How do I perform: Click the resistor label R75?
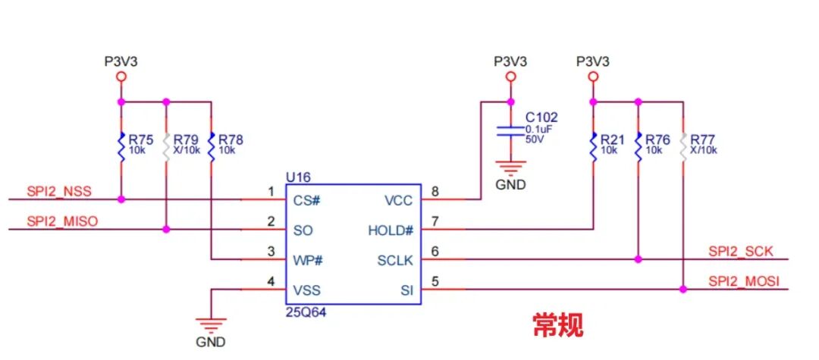140,140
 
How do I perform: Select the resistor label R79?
186,140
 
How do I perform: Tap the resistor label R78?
231,140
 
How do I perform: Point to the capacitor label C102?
541,117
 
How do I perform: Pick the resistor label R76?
658,140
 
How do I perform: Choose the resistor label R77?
704,140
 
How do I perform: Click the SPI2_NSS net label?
59,192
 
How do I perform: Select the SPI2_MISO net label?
62,221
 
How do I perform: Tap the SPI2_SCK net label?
740,252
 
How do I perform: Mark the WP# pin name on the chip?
308,260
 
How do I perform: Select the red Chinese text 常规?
557,325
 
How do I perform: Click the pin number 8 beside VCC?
434,192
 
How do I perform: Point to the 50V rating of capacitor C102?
534,140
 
